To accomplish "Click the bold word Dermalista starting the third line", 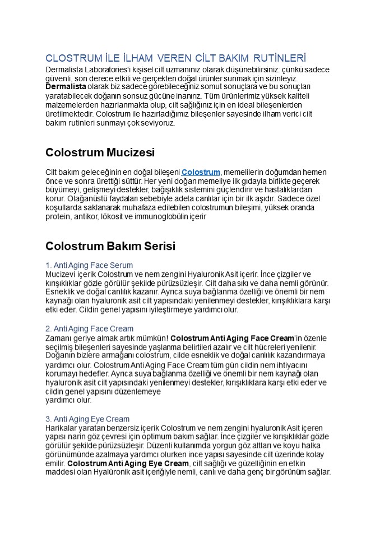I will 66,87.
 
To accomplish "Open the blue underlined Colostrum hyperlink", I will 201,172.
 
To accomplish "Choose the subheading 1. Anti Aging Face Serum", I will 89,265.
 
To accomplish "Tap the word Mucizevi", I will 63,274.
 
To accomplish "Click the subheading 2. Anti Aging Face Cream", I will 89,328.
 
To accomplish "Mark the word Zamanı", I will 59,338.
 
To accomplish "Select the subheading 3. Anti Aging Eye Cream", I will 87,419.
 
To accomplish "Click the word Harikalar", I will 63,428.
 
